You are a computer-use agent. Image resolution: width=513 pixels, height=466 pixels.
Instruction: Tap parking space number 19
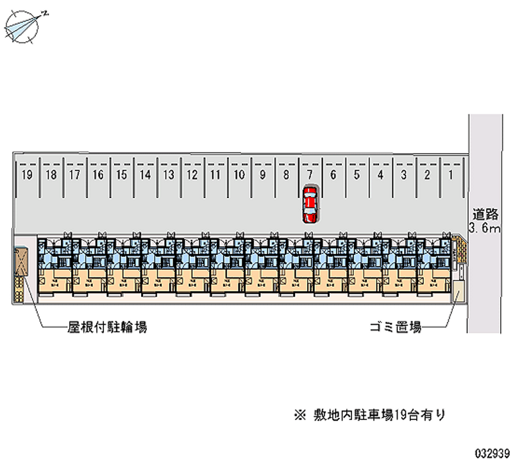point(27,174)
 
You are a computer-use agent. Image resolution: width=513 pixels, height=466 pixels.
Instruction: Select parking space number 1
point(451,174)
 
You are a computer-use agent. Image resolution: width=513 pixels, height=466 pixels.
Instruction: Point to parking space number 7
point(310,174)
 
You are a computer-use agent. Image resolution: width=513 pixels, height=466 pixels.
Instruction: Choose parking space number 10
point(239,174)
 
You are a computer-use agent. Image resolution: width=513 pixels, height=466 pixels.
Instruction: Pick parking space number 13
point(169,174)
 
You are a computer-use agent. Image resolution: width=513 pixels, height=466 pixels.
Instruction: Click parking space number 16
point(97,174)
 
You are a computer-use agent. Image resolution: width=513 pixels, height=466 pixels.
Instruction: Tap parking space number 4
point(380,174)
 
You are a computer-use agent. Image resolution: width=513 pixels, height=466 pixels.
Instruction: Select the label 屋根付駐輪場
point(107,328)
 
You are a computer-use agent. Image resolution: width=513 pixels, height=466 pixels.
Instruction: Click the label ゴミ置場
point(394,328)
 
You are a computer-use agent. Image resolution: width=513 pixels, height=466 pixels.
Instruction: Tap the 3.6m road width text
point(484,228)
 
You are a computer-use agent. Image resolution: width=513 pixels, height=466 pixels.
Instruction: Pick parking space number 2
point(427,174)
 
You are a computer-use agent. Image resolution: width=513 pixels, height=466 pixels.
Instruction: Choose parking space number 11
point(215,174)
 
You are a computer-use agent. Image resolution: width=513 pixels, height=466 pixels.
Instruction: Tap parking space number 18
point(51,174)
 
